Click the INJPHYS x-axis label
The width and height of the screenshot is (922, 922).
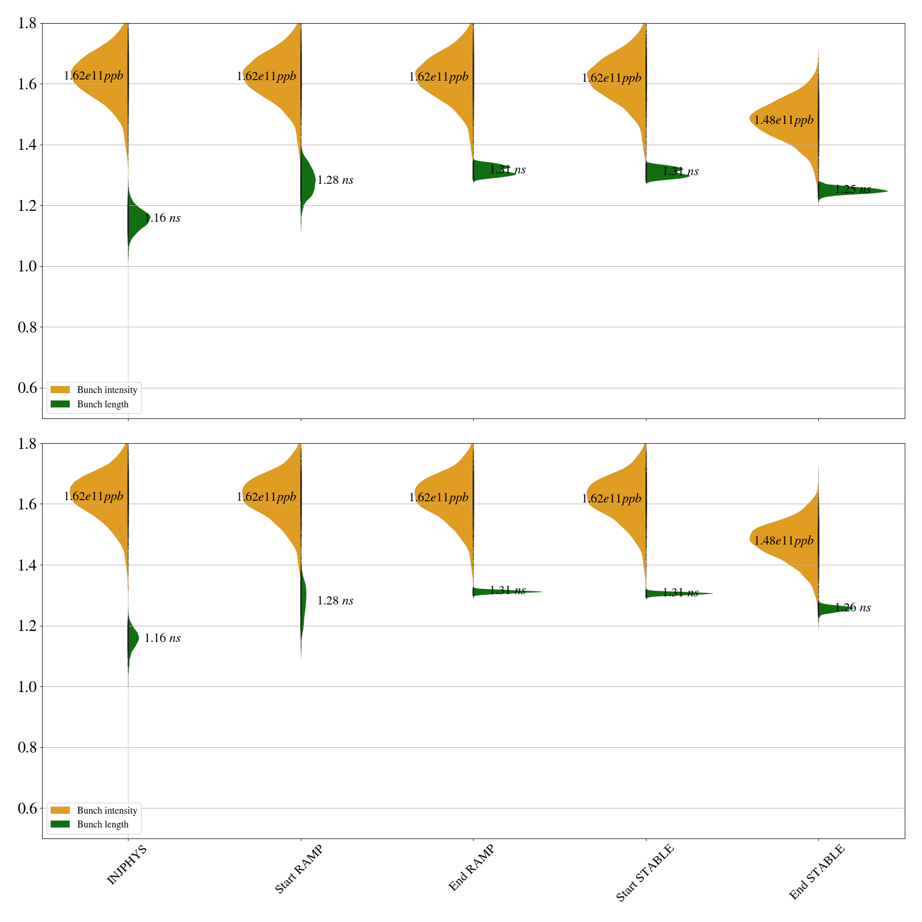tap(127, 865)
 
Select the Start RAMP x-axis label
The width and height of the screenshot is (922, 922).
tap(298, 870)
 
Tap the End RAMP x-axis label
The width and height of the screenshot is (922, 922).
tap(471, 868)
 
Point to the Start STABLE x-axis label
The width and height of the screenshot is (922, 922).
tap(644, 873)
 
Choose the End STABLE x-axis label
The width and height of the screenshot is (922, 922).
tap(817, 872)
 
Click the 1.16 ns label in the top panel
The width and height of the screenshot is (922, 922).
tap(163, 218)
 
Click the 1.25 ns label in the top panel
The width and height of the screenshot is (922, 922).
tap(853, 190)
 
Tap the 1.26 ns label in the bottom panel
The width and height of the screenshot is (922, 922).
tap(853, 608)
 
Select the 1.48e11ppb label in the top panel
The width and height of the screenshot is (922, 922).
tap(784, 120)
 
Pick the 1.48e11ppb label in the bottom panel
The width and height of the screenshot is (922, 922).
tap(784, 541)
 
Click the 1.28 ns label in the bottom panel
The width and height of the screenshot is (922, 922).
tap(335, 601)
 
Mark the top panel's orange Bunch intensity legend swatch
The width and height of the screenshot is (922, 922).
tap(60, 390)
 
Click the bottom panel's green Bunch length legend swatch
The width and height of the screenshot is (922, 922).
tap(60, 825)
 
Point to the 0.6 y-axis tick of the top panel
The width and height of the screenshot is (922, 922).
tap(28, 388)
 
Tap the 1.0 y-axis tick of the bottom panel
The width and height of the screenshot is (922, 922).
tap(28, 687)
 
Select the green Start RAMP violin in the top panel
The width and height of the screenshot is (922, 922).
tap(307, 180)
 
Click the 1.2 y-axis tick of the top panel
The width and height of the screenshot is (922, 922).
tap(28, 206)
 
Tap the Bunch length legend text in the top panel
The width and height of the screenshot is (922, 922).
tap(103, 405)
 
